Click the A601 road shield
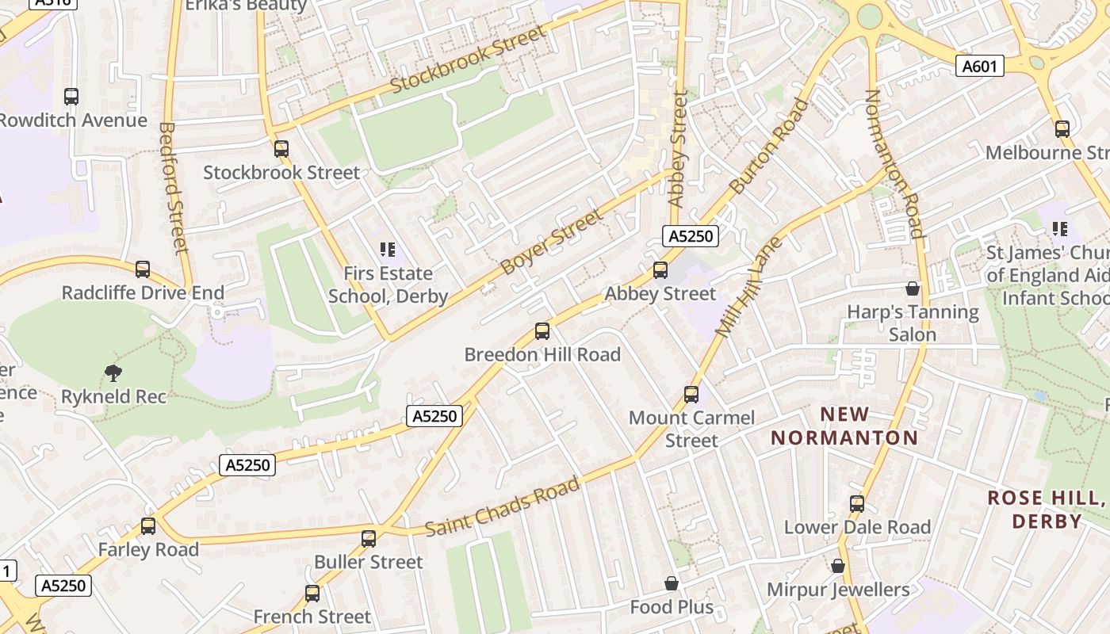click(x=979, y=67)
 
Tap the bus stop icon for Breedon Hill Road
click(x=542, y=331)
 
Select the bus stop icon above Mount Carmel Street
click(x=691, y=394)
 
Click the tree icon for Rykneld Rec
click(x=113, y=372)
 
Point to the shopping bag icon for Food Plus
click(x=672, y=584)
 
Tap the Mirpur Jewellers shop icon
click(x=838, y=566)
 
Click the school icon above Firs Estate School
click(x=388, y=250)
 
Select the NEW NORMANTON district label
click(x=844, y=426)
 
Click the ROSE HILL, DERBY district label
click(x=1046, y=510)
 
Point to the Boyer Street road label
click(x=552, y=242)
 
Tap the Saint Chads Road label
click(x=503, y=507)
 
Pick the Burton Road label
click(x=769, y=147)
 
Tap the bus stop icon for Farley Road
click(x=148, y=525)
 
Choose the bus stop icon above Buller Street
click(x=369, y=539)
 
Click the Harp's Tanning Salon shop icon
click(x=913, y=288)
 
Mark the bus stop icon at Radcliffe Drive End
click(x=143, y=269)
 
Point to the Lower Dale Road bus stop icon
click(x=857, y=503)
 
